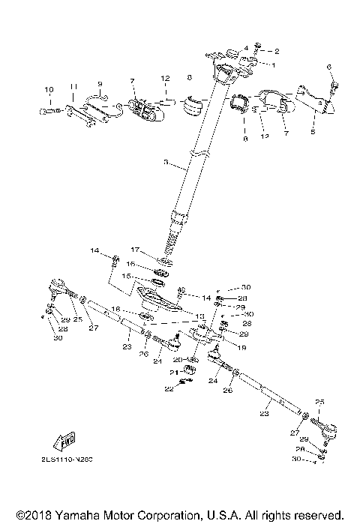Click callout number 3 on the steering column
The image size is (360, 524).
tap(166, 163)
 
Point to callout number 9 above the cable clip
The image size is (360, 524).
tap(99, 83)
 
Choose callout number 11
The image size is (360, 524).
tap(73, 88)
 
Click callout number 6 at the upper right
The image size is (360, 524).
tap(328, 67)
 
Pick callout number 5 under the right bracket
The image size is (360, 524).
tap(313, 130)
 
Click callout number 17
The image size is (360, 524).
tap(136, 250)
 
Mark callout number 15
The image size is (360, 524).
tap(125, 276)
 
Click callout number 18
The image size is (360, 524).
tap(116, 309)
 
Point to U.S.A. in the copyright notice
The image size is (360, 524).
tap(218, 516)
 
